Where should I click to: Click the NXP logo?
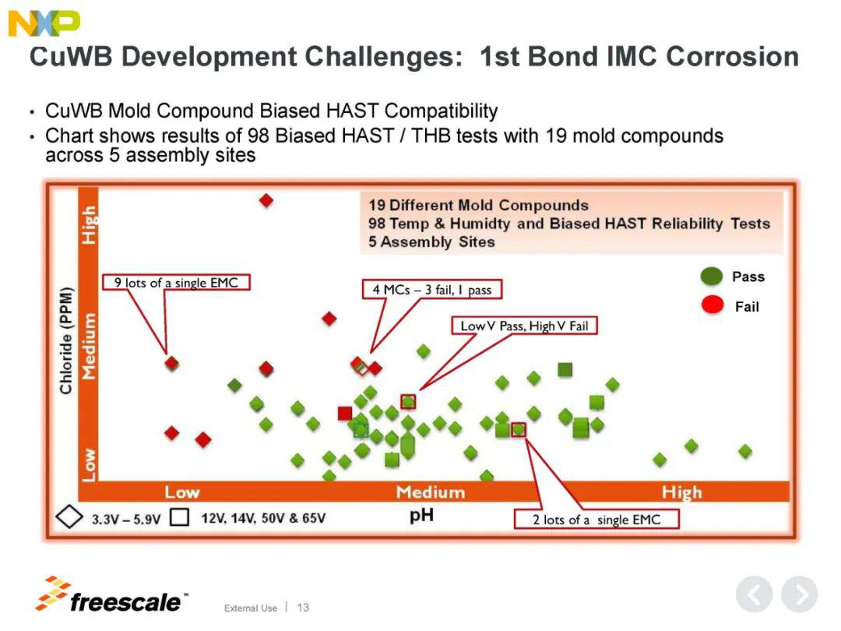pyautogui.click(x=44, y=23)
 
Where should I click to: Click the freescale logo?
pyautogui.click(x=111, y=596)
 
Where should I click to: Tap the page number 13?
pyautogui.click(x=303, y=608)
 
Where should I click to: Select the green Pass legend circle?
pyautogui.click(x=712, y=277)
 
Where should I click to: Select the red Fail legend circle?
pyautogui.click(x=713, y=305)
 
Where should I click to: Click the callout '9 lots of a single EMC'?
pyautogui.click(x=176, y=282)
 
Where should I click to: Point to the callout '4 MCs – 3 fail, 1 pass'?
pyautogui.click(x=431, y=289)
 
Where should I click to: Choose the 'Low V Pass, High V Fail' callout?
pyautogui.click(x=524, y=326)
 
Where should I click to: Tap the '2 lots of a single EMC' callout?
pyautogui.click(x=596, y=520)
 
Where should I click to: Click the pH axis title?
pyautogui.click(x=421, y=516)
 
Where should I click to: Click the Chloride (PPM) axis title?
pyautogui.click(x=65, y=340)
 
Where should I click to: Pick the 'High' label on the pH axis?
pyautogui.click(x=681, y=492)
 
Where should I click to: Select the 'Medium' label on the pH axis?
pyautogui.click(x=431, y=492)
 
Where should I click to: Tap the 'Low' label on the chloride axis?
pyautogui.click(x=89, y=464)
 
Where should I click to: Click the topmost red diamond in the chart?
pyautogui.click(x=266, y=201)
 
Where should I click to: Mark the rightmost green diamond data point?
pyautogui.click(x=745, y=451)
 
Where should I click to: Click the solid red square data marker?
pyautogui.click(x=345, y=413)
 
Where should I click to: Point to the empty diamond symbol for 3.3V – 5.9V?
pyautogui.click(x=69, y=517)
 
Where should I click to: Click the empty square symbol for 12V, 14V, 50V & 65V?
pyautogui.click(x=180, y=517)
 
